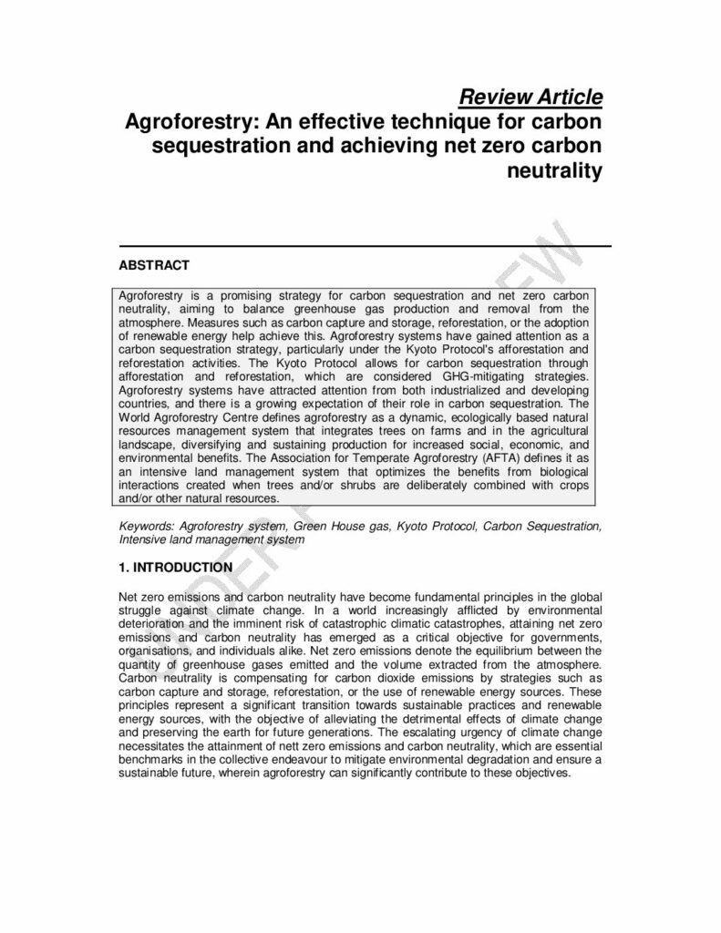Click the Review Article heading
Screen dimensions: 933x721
(x=530, y=97)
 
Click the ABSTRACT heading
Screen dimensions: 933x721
(x=154, y=265)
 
